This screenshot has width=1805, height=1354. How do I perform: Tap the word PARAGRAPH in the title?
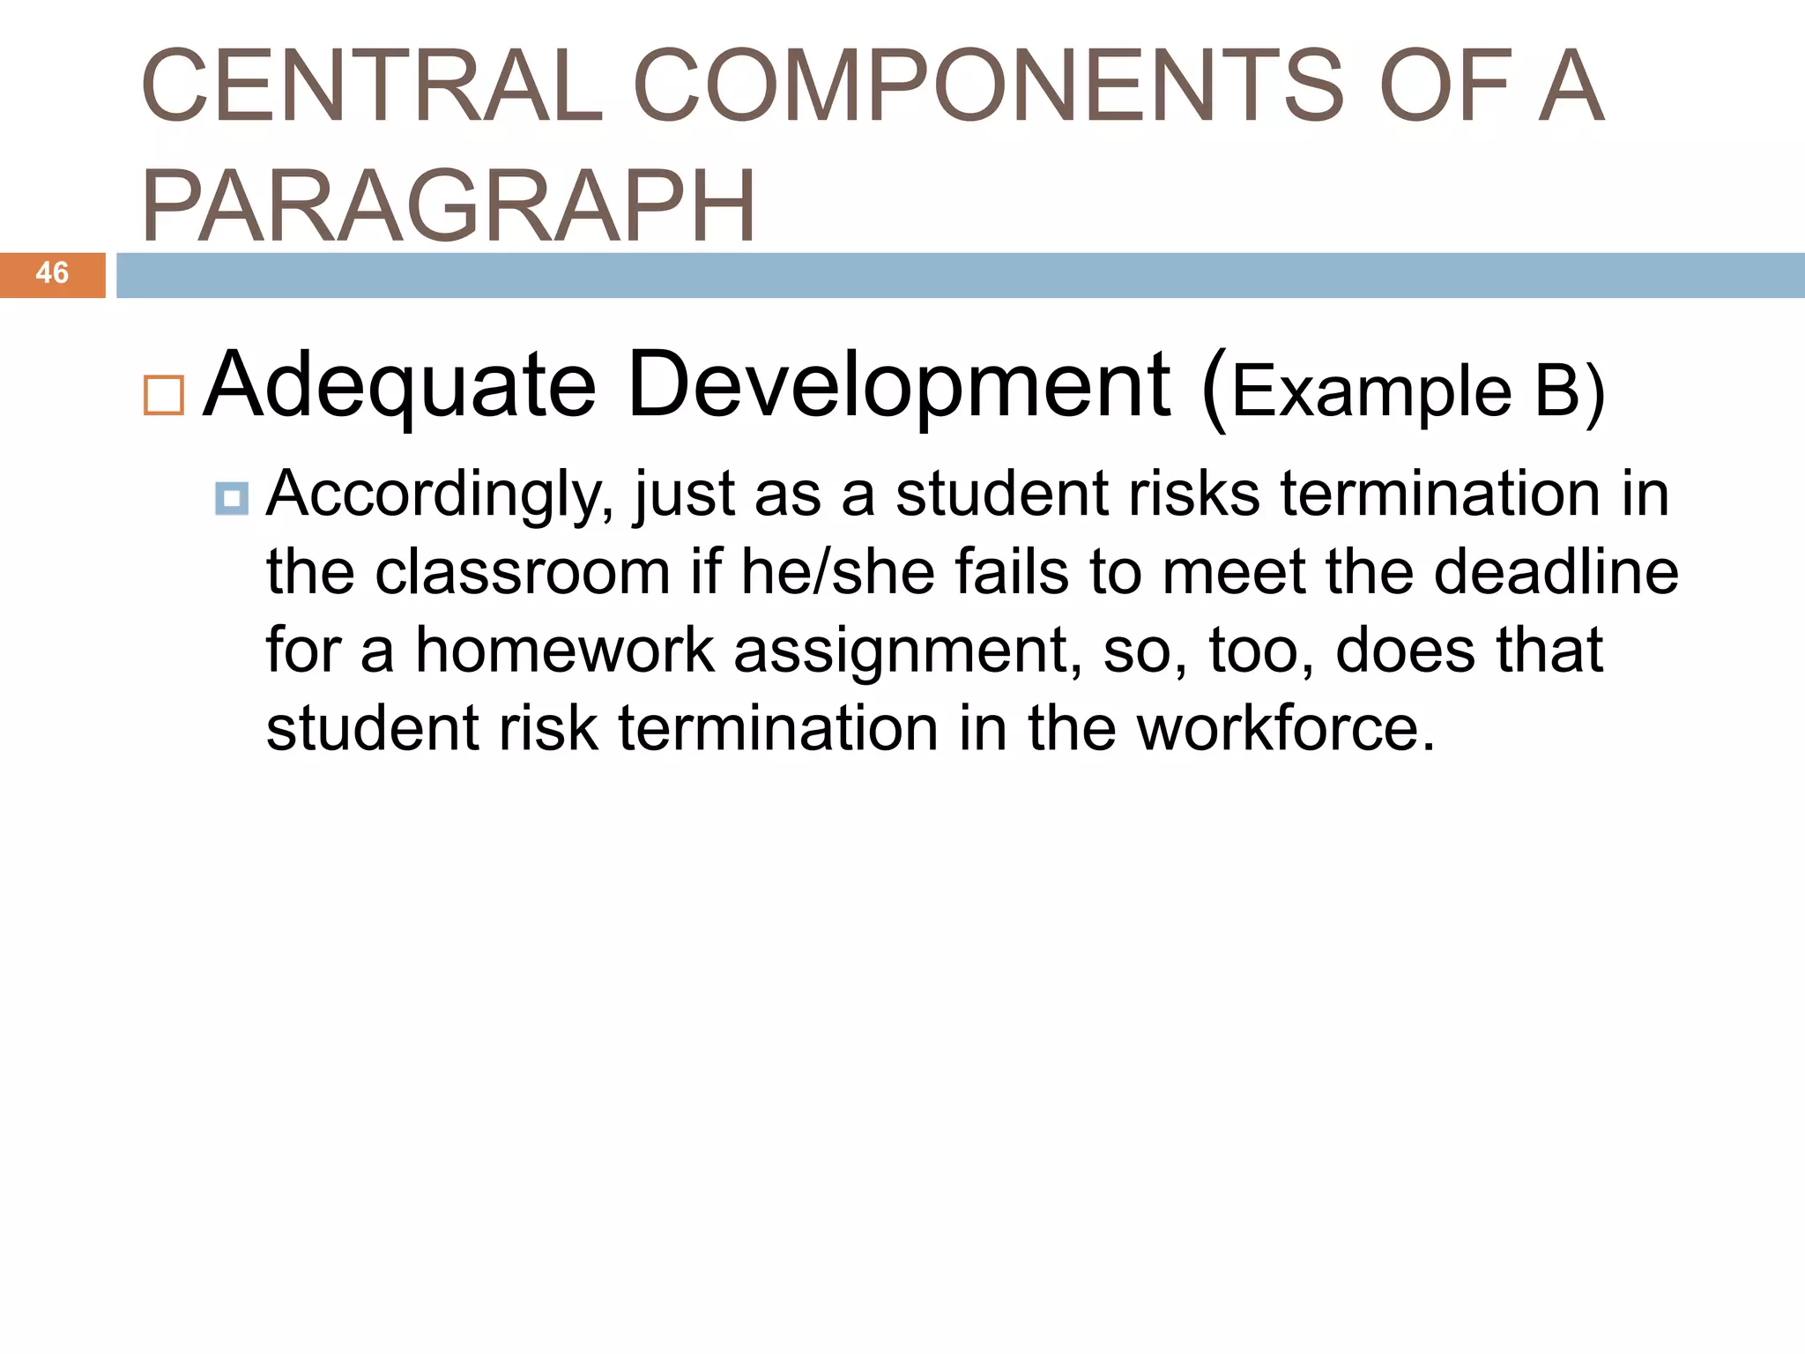448,206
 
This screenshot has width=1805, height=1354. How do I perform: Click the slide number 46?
52,273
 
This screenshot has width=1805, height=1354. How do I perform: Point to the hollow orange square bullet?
163,395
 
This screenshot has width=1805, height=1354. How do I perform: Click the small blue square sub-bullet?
232,499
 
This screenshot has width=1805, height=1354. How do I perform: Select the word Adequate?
400,386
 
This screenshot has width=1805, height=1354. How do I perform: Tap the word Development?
899,386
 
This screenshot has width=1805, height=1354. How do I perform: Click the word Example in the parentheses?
1371,391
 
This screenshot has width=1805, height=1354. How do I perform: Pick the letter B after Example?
1556,391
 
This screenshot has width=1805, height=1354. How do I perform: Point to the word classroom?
523,573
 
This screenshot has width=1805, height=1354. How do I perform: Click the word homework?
564,651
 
